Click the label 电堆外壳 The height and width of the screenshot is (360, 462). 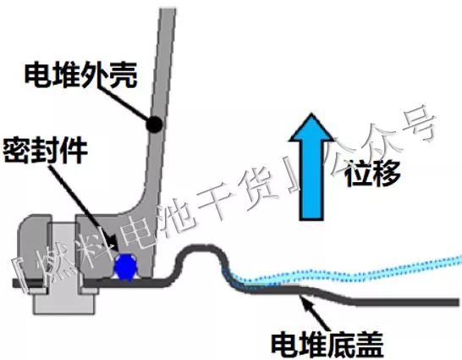coord(80,75)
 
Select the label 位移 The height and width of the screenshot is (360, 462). coord(372,174)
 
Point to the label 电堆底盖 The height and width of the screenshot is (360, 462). coord(327,345)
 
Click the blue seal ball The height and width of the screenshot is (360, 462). coord(126,266)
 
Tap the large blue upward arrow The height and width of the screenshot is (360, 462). coord(311,167)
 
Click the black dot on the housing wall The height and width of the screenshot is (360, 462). coord(154,125)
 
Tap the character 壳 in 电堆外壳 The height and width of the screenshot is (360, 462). coord(124,75)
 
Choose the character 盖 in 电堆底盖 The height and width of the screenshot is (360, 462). coord(370,345)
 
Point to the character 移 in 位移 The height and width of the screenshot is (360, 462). coord(387,174)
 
